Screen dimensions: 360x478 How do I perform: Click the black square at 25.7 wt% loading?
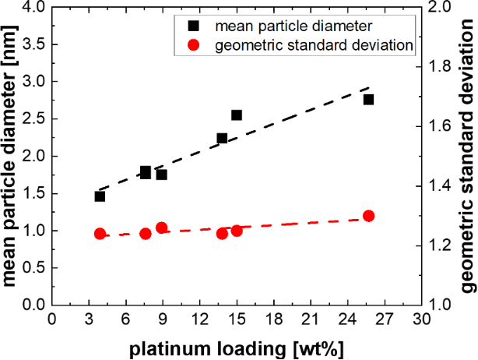coord(368,100)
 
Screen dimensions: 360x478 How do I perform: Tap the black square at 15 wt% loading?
coord(237,115)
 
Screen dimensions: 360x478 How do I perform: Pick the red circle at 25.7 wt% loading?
coord(368,216)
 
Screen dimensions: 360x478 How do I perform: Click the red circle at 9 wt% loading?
coord(161,228)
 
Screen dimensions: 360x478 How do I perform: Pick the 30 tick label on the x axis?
coord(421,319)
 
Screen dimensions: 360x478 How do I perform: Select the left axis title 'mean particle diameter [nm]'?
coord(11,156)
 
